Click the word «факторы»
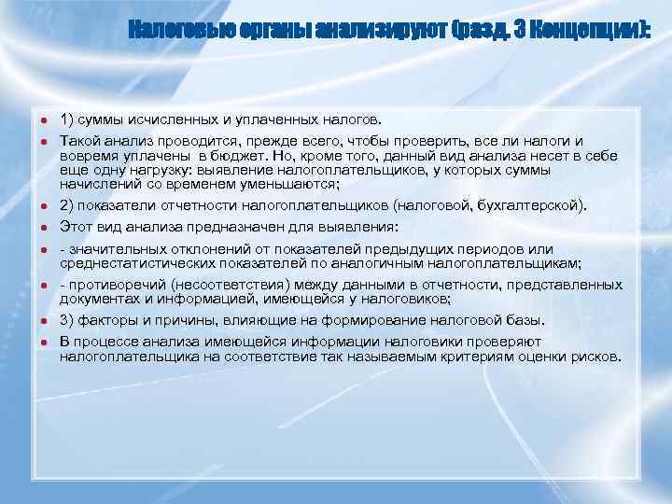[x=106, y=320]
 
